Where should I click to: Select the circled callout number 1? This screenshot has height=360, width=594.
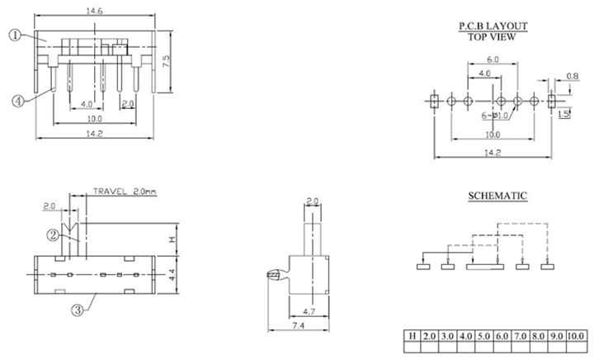tap(15, 36)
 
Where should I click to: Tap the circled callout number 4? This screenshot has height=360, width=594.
tap(16, 101)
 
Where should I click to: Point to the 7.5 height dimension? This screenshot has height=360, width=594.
tap(166, 61)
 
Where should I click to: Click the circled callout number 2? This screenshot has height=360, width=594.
tap(53, 235)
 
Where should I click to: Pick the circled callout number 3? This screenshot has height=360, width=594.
tap(77, 311)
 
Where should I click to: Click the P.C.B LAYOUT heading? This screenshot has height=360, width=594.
tap(493, 26)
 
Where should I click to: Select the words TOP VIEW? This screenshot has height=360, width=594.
tap(493, 37)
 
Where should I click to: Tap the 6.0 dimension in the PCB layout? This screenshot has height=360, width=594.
tap(493, 60)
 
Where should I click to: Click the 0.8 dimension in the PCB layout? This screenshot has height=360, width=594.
tap(573, 77)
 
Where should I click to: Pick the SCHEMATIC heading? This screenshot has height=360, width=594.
tap(493, 196)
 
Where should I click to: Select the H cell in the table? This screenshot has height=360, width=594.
tap(412, 337)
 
